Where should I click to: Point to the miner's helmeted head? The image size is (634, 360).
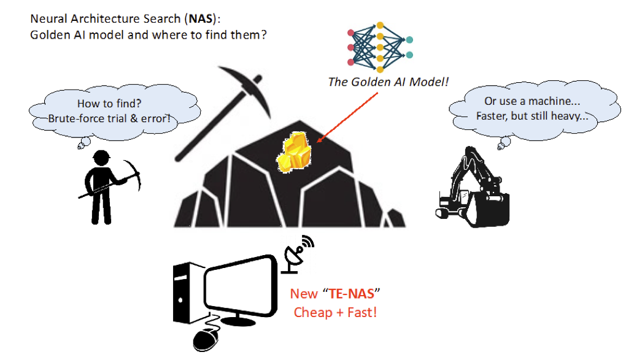point(99,158)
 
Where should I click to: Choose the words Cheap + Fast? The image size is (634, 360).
point(335,312)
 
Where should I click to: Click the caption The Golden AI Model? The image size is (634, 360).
point(389,81)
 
